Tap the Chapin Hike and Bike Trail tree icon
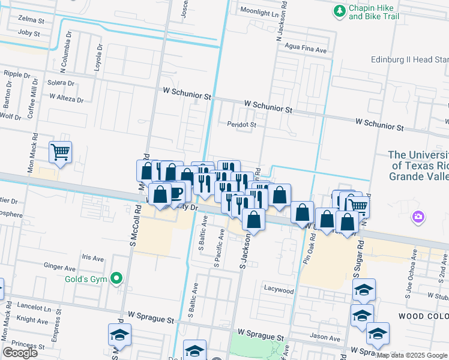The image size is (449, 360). coord(340,11)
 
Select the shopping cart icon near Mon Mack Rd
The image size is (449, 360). coord(60,152)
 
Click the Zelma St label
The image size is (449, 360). coord(31,20)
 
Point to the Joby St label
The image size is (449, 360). coord(28,33)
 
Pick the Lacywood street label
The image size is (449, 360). coord(279,290)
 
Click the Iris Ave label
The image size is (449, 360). coord(91,258)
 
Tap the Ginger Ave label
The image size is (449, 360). coord(59,265)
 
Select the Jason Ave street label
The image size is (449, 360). coord(325,338)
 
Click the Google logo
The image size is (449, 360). coord(20,353)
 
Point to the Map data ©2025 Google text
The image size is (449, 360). coord(412,355)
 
